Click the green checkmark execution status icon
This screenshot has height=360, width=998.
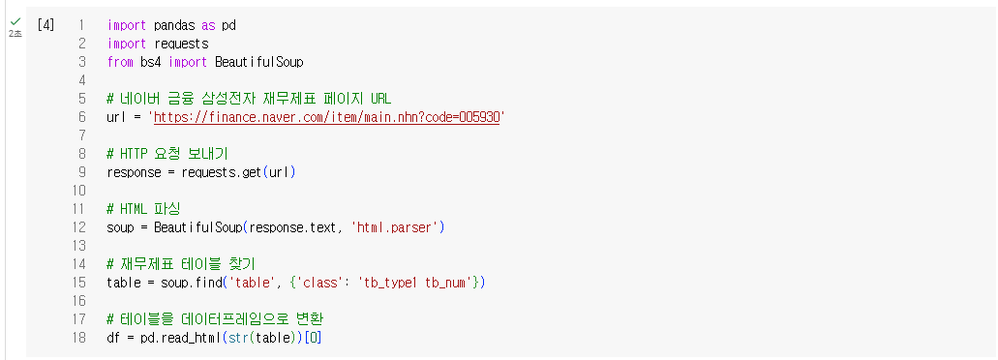[x=15, y=21]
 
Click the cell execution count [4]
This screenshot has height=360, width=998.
[x=45, y=25]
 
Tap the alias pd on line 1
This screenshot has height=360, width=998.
[x=228, y=26]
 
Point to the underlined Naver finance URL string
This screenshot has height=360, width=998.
[x=326, y=117]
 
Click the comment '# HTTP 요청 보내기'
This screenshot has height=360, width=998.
[x=167, y=154]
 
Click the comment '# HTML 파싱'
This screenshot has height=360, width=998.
[x=145, y=209]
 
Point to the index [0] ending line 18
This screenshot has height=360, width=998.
[x=313, y=338]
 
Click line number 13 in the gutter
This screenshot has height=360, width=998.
[x=79, y=246]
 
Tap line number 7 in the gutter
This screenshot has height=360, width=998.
[x=82, y=135]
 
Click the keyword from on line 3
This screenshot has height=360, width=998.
[x=121, y=62]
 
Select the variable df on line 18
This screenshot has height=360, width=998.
[x=114, y=338]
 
